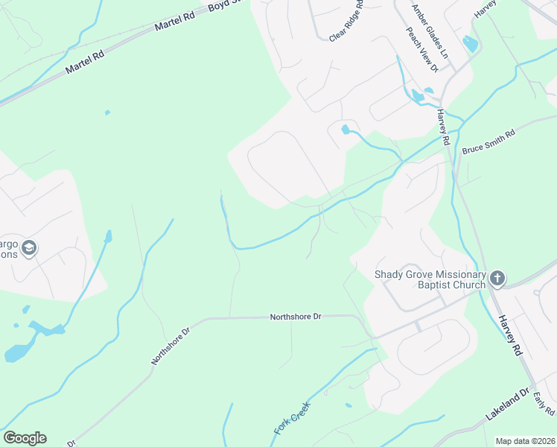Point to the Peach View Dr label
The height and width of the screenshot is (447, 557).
tap(422, 51)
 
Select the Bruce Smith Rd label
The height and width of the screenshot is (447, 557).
tap(488, 143)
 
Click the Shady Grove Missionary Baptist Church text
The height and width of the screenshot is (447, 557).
tap(430, 279)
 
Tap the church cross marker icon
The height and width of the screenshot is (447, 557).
tap(497, 279)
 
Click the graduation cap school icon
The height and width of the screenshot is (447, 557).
tap(29, 248)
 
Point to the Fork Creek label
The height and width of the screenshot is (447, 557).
tap(291, 418)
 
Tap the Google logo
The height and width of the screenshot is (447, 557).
tap(25, 438)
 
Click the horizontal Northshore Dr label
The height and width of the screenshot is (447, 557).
tap(295, 317)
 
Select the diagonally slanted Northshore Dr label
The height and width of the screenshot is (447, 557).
tap(171, 344)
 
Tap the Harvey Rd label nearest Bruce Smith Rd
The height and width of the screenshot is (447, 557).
tap(444, 127)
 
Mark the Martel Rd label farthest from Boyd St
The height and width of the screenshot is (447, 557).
tap(83, 60)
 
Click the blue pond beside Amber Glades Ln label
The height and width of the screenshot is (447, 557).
tap(470, 44)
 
